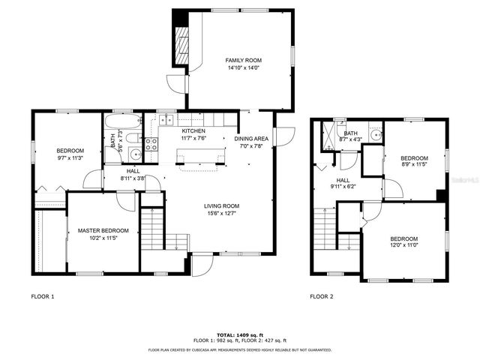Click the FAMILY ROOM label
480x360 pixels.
[243, 59]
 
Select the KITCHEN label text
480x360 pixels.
[193, 130]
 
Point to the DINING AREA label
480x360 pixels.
[251, 139]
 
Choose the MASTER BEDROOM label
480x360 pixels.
[103, 230]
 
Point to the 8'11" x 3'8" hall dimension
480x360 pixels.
[133, 178]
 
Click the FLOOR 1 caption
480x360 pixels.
[42, 296]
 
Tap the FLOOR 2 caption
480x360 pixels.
[322, 296]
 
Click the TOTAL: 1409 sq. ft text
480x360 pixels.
[239, 334]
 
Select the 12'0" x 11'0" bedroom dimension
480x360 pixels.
[403, 244]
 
